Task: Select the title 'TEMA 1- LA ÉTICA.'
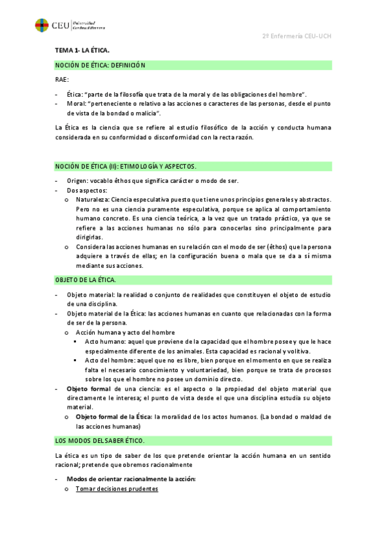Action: pyautogui.click(x=82, y=50)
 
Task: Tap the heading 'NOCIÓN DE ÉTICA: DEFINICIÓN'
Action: pyautogui.click(x=101, y=65)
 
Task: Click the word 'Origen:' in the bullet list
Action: pyautogui.click(x=78, y=181)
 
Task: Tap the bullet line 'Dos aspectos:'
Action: pyautogui.click(x=87, y=191)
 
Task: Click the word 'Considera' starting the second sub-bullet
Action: pyautogui.click(x=91, y=247)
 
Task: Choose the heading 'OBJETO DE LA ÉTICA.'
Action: pyautogui.click(x=86, y=280)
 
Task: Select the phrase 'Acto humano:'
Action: pyautogui.click(x=104, y=341)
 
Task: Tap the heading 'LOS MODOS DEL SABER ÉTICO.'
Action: pyautogui.click(x=100, y=440)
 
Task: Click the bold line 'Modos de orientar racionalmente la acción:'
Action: pyautogui.click(x=131, y=480)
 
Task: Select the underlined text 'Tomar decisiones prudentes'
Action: pyautogui.click(x=117, y=489)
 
